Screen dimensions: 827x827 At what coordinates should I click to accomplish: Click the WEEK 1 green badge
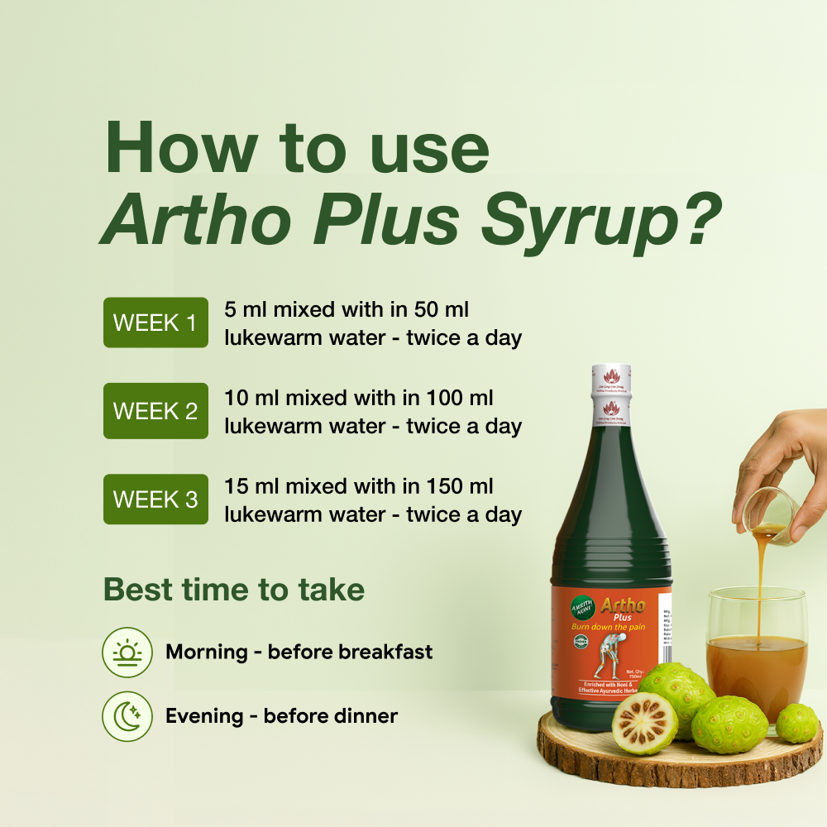(x=155, y=323)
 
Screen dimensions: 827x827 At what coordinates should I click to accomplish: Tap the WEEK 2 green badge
(x=155, y=411)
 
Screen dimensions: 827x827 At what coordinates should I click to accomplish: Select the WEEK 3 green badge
(x=155, y=500)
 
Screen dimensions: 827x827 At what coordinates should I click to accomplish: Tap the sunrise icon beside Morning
(x=127, y=653)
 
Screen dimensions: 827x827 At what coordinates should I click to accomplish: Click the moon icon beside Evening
(x=127, y=716)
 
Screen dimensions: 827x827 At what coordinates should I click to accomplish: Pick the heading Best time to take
(x=234, y=590)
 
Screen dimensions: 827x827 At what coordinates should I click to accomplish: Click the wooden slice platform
(x=678, y=757)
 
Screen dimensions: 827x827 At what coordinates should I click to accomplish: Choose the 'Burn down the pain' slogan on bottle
(x=608, y=628)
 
